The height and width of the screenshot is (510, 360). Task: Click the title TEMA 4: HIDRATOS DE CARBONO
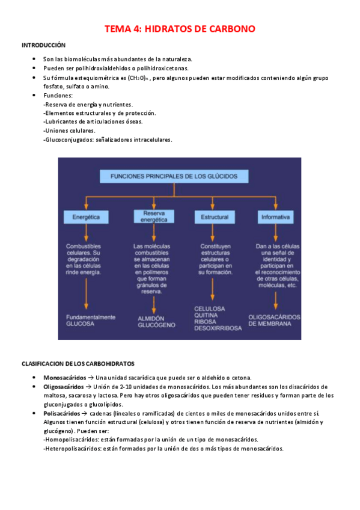tap(180, 29)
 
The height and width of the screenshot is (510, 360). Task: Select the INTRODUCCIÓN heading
tap(43, 46)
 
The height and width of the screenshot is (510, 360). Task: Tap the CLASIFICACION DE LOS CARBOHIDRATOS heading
tap(78, 364)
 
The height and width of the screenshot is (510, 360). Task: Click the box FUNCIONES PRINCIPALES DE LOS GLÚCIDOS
tap(174, 176)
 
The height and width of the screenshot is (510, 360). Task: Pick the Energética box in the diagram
tap(86, 217)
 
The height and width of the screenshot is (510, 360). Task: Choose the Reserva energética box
tap(153, 217)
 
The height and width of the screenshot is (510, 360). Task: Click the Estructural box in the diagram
tap(214, 217)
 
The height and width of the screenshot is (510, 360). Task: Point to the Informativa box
tap(275, 217)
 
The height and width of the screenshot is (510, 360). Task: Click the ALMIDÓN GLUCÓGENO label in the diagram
tap(156, 322)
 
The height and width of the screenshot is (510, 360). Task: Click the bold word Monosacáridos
tap(64, 377)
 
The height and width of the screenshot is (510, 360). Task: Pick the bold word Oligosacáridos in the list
tap(64, 387)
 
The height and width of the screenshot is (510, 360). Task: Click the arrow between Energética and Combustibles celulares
tap(86, 232)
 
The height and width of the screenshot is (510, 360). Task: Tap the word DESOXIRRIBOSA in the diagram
tap(218, 328)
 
